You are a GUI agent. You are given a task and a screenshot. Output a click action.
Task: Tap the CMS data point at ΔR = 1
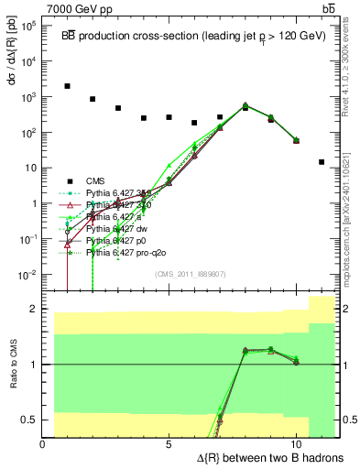pos(68,86)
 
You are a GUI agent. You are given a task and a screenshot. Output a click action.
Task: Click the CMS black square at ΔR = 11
pos(322,162)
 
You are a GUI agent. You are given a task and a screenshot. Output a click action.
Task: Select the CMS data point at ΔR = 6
pos(194,123)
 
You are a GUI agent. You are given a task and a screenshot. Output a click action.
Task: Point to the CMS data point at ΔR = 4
pos(144,118)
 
